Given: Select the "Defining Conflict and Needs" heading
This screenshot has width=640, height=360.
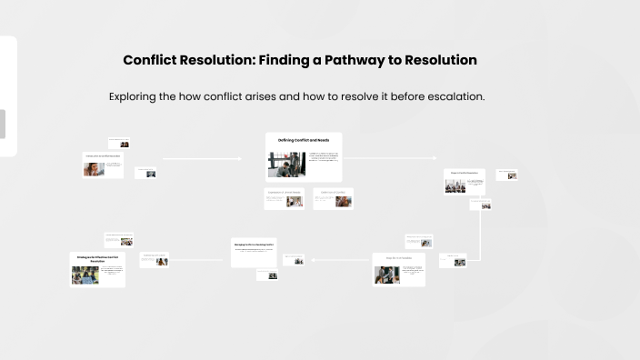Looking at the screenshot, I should (304, 141).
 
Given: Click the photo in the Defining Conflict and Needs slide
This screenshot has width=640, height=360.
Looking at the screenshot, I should (285, 165).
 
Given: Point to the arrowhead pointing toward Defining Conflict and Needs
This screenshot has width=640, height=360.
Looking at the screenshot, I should (240, 158).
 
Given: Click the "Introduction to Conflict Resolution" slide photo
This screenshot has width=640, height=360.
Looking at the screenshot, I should (92, 169).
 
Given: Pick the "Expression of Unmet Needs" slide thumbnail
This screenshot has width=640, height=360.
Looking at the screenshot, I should (284, 198).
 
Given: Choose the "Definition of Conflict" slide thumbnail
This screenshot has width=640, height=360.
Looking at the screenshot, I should (333, 198).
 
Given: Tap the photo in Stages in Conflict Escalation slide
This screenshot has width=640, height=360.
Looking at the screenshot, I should (455, 185).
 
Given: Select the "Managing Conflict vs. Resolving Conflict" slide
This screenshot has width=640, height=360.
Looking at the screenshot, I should (254, 251).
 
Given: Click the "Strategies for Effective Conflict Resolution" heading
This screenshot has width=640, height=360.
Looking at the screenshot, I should (97, 259).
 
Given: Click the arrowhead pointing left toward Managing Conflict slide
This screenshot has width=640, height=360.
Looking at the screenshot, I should (313, 260).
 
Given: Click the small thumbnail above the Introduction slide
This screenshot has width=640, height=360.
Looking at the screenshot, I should (119, 143).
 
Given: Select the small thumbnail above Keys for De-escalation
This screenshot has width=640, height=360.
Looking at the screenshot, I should (418, 242).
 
